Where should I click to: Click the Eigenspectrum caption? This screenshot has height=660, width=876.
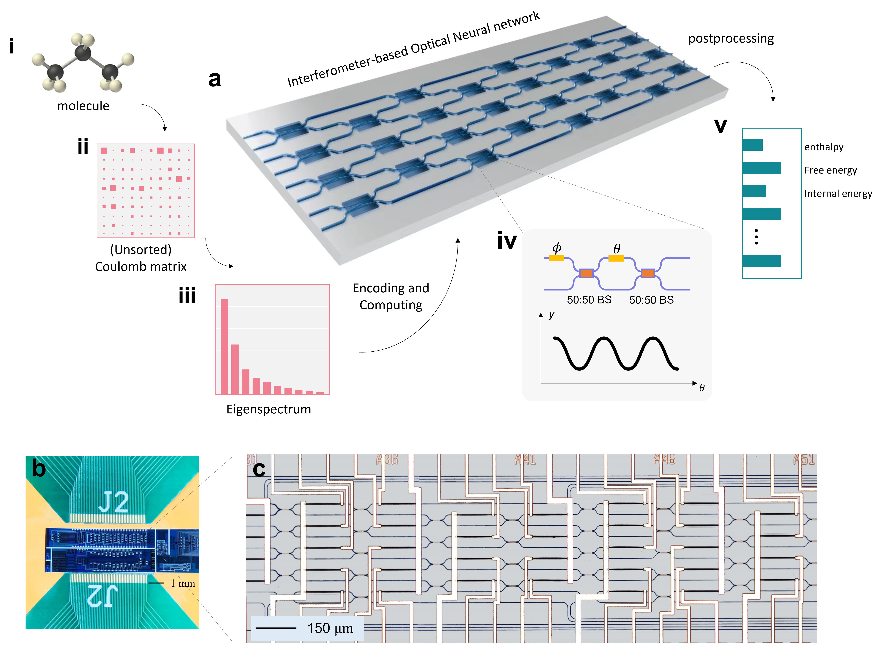click(x=269, y=409)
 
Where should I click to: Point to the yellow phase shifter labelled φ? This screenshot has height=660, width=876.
click(x=556, y=258)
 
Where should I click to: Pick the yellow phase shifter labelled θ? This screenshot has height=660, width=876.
click(x=616, y=258)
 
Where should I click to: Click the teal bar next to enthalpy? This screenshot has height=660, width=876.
click(x=752, y=145)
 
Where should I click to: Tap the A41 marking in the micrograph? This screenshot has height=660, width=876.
click(x=525, y=459)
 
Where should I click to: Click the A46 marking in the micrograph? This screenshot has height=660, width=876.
click(x=664, y=459)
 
